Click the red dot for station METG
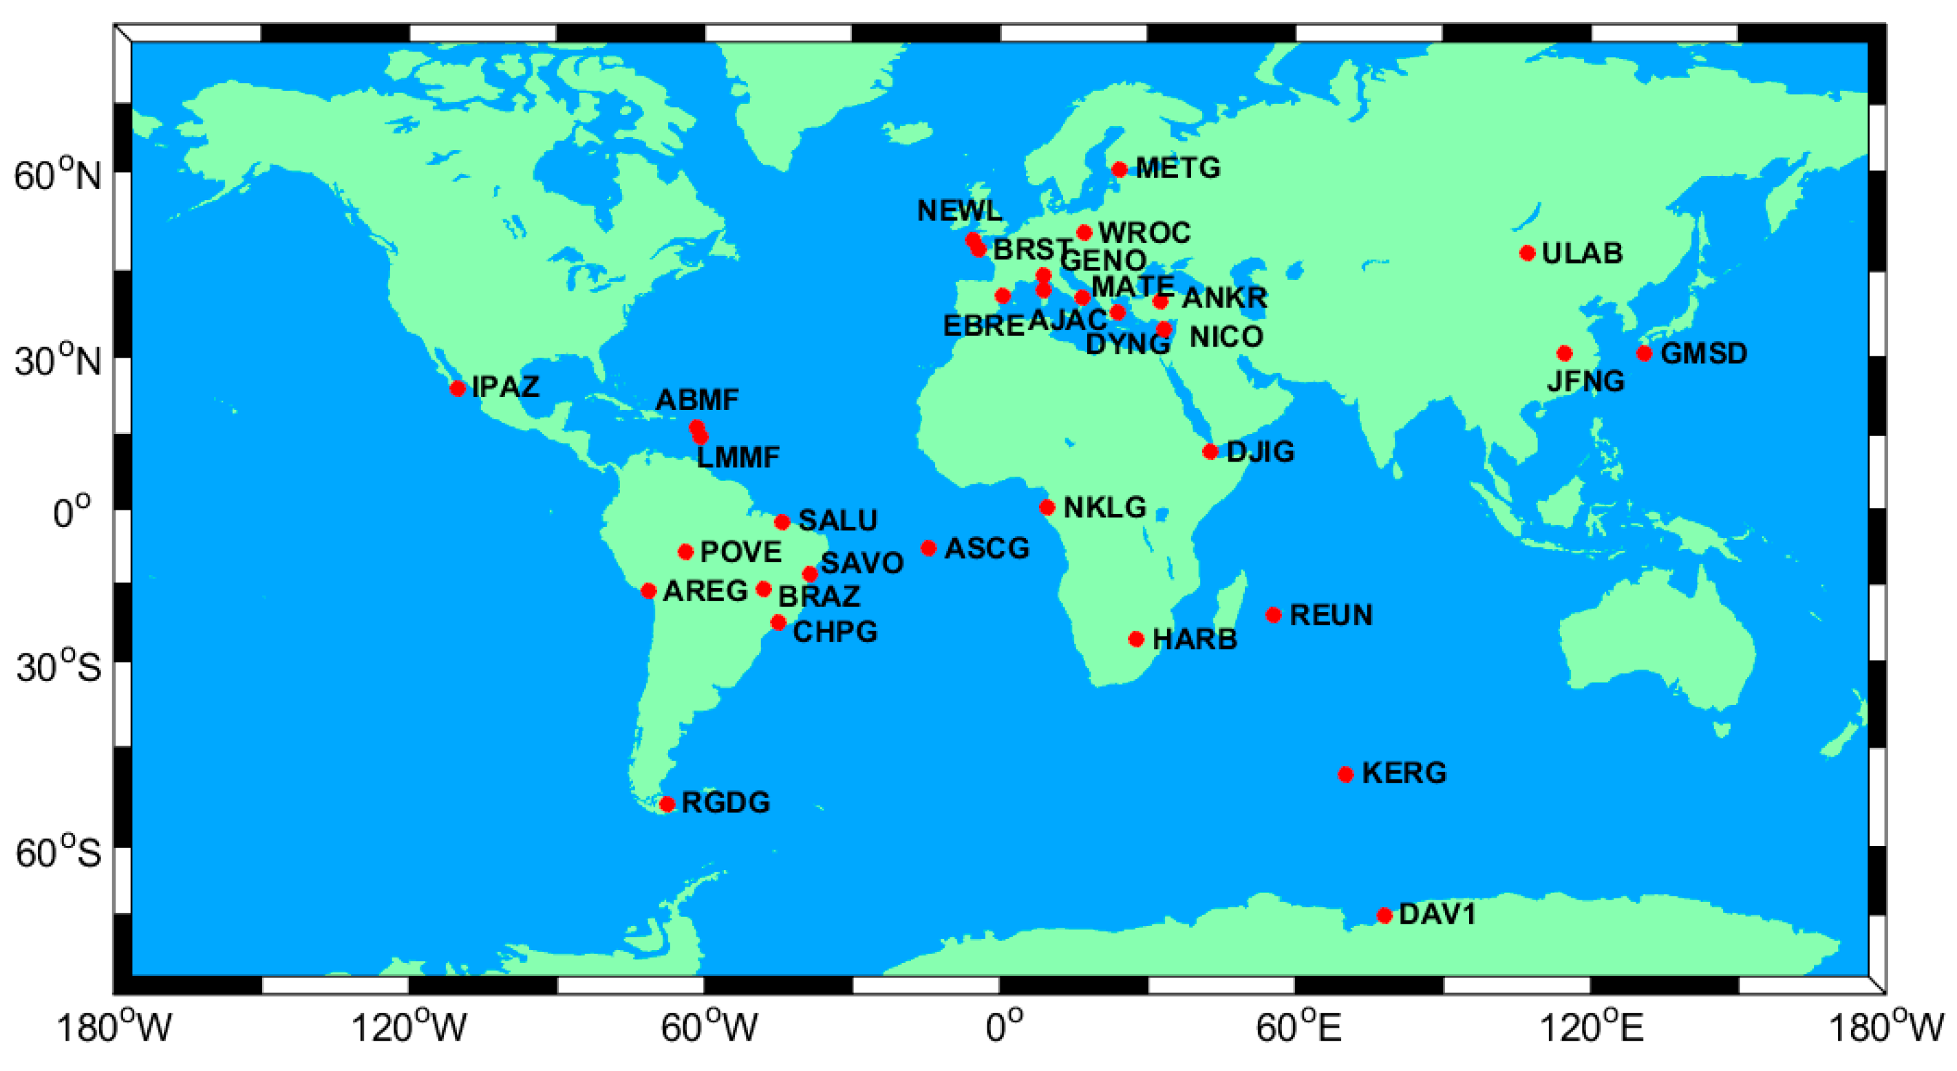[1119, 169]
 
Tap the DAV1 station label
[1437, 913]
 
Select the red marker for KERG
[1345, 774]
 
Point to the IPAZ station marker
[458, 388]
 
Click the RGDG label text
[725, 802]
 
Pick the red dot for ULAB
[1528, 253]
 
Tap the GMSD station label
[1704, 353]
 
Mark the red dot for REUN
[1273, 614]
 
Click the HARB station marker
[1136, 639]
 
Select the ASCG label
[987, 548]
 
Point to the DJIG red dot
[1210, 451]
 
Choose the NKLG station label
[1104, 507]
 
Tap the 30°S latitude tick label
[58, 667]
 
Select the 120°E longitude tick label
[1591, 1028]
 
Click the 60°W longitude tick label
[708, 1028]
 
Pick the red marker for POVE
[685, 552]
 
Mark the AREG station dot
[648, 590]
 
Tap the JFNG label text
[1585, 380]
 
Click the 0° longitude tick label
[1005, 1028]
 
